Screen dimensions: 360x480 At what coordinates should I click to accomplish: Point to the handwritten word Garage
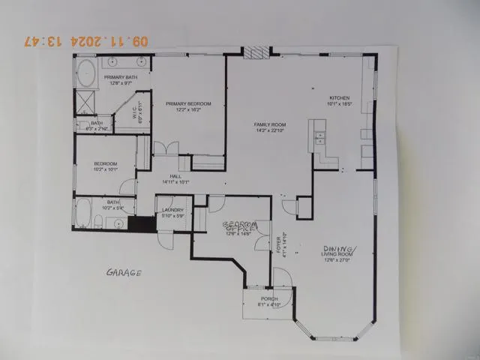point(123,273)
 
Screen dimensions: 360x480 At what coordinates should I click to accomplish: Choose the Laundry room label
point(172,211)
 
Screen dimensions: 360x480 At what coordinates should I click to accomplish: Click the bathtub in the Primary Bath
point(84,76)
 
